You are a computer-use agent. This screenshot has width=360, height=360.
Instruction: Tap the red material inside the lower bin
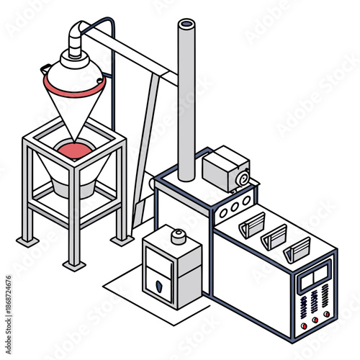tap(76, 151)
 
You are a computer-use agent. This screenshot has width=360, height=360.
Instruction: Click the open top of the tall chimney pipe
tap(186, 24)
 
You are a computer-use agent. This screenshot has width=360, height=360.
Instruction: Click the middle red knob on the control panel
tap(315, 318)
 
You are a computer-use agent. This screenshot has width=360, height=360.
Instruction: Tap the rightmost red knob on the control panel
tap(326, 313)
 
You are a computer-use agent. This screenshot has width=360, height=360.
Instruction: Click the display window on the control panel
tap(315, 274)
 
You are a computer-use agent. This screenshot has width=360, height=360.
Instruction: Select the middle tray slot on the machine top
tap(275, 236)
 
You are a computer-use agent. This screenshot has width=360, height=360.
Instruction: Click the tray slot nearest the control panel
tap(297, 250)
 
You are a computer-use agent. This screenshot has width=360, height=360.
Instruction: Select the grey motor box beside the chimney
tap(225, 170)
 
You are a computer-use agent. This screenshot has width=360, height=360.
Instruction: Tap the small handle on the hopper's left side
tap(46, 68)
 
